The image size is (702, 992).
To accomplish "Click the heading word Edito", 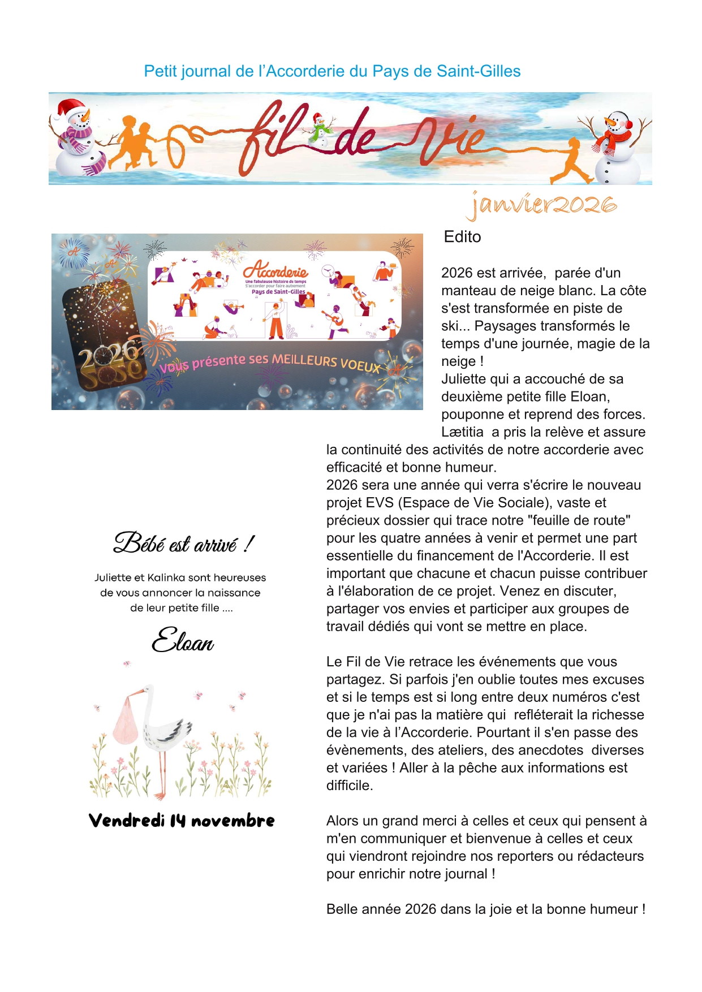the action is [462, 237].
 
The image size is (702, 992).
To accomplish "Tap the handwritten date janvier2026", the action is [542, 205].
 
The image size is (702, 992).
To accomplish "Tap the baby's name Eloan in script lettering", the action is [183, 641].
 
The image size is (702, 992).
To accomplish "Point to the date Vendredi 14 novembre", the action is [182, 821].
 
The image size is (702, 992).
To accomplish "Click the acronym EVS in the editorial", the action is [380, 503].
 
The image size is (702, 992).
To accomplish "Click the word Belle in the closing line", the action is [342, 909].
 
